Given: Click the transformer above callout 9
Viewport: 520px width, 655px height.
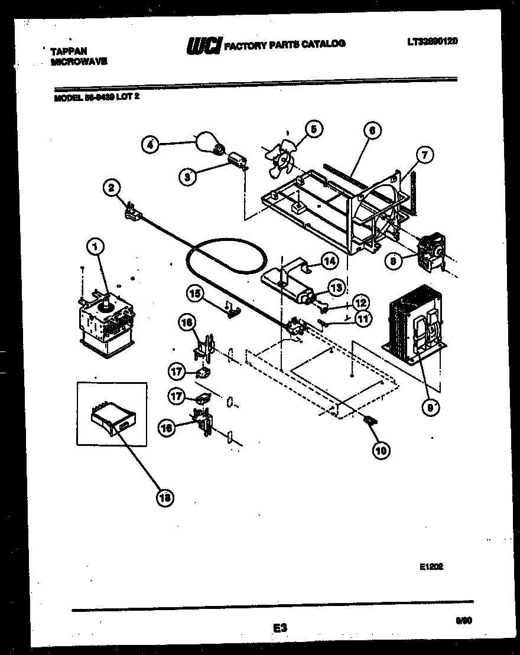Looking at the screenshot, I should pos(415,322).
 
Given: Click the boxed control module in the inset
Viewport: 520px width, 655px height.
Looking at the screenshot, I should pos(110,420).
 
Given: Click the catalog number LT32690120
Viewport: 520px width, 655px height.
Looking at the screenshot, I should pos(433,41).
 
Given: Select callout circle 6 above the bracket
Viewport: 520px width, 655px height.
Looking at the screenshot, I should pos(372,131).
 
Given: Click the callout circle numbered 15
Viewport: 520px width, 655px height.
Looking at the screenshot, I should pos(195,292).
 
